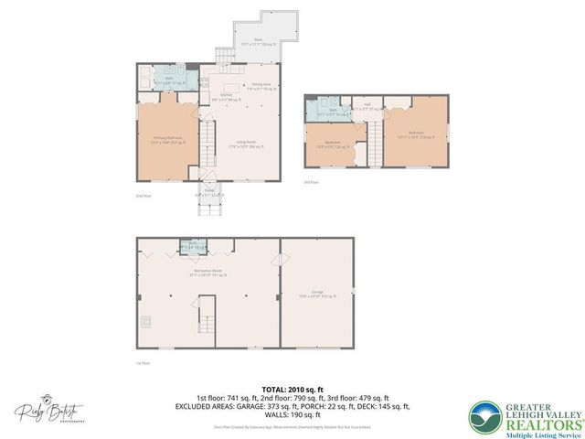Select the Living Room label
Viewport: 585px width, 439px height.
pos(246,143)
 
